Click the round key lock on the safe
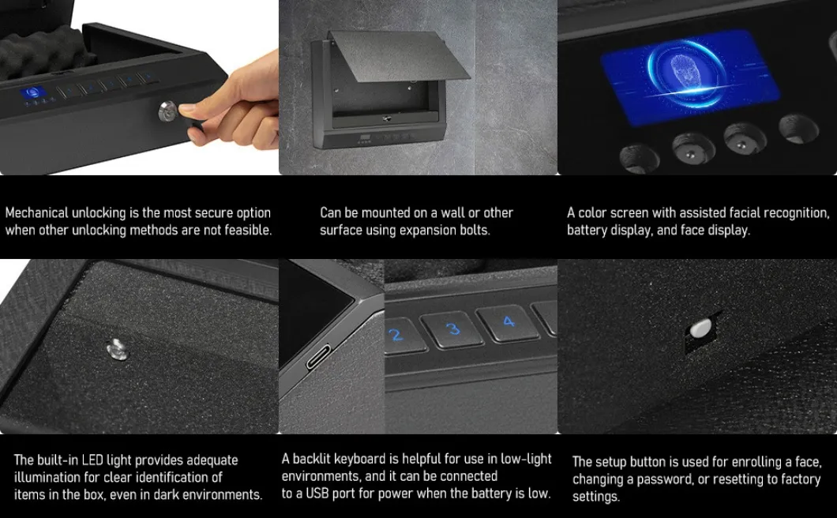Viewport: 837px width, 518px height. (x=169, y=112)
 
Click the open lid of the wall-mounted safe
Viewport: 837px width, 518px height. (x=399, y=56)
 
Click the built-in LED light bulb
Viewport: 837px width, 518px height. (x=116, y=347)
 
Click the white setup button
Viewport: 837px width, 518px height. (x=700, y=328)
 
